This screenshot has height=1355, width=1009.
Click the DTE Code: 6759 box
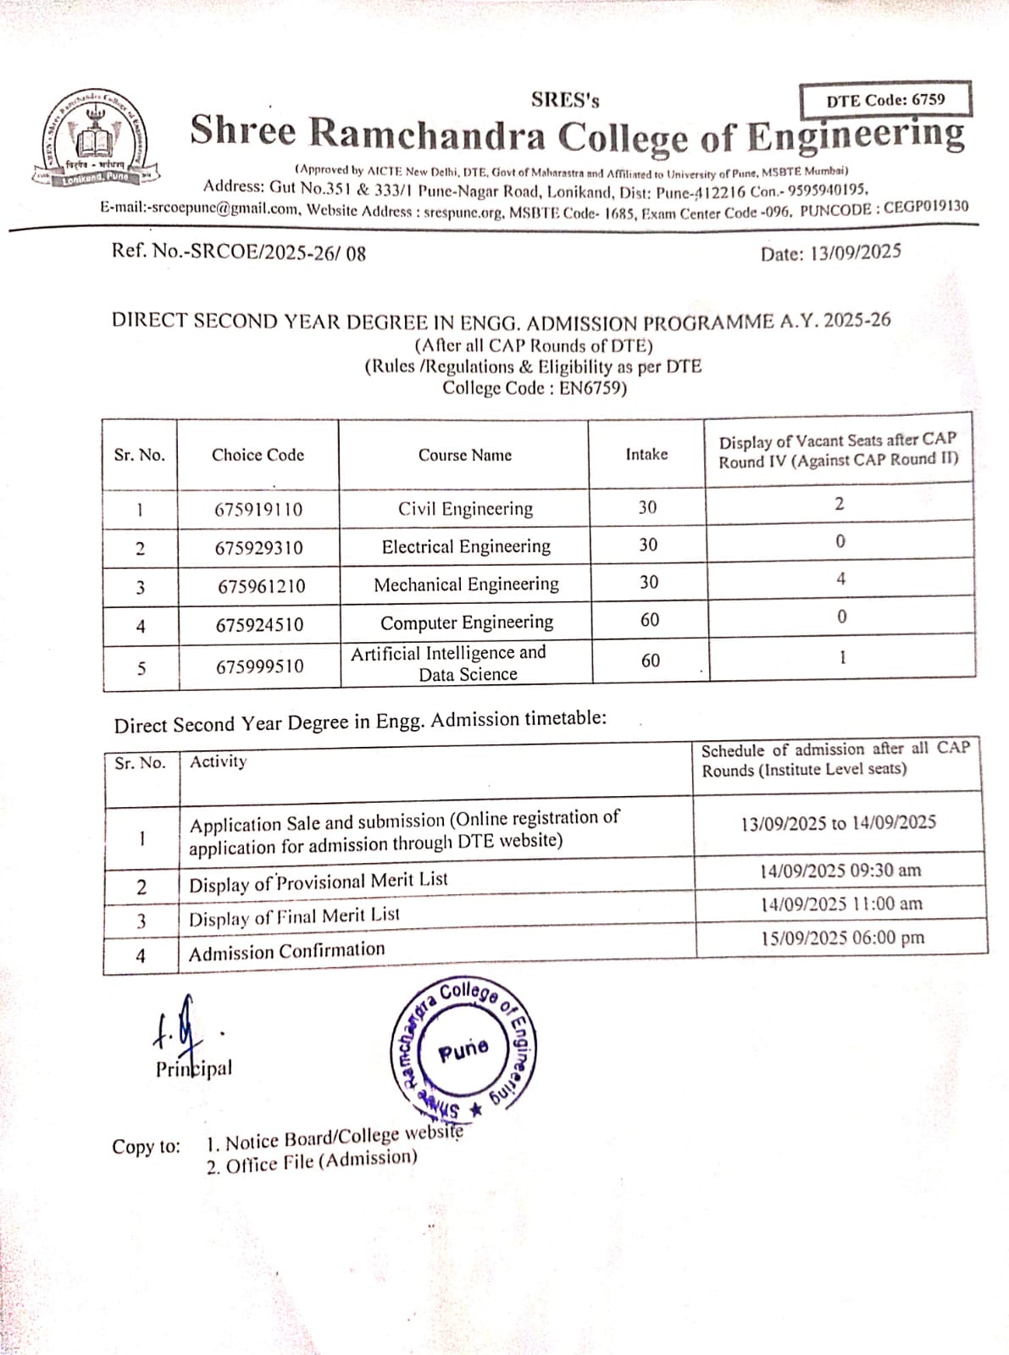coord(885,100)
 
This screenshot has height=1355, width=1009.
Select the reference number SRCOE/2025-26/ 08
coord(239,252)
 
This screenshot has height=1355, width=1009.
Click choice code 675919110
coord(258,510)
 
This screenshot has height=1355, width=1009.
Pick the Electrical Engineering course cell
coord(466,547)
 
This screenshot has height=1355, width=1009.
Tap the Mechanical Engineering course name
coord(466,584)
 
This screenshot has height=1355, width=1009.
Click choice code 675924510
coord(259,625)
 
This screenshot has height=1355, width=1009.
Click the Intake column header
coord(646,455)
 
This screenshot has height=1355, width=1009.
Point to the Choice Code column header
coord(258,455)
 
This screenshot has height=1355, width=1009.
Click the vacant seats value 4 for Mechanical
coord(840,579)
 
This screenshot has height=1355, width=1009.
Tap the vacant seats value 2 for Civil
coord(840,504)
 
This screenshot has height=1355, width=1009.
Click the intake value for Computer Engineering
coord(650,620)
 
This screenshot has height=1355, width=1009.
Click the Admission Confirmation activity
coord(286,952)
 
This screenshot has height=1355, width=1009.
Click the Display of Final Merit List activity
coord(294,917)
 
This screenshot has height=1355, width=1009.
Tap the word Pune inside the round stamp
coord(463,1051)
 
